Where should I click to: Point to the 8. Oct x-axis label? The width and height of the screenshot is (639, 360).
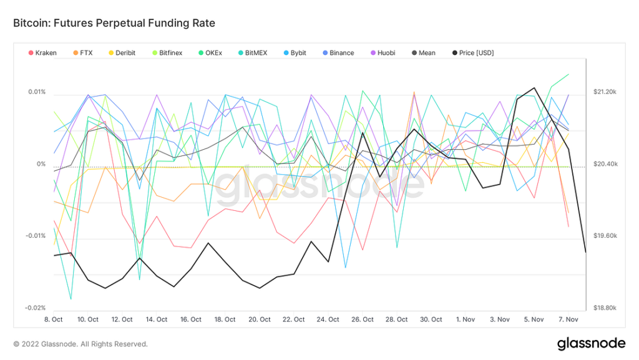(54, 319)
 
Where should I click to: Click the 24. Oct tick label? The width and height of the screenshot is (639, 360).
(328, 319)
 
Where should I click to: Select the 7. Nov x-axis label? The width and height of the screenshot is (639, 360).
(568, 319)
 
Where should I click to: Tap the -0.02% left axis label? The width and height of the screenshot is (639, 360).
(36, 308)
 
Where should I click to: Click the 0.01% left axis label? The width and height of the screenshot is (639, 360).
(37, 92)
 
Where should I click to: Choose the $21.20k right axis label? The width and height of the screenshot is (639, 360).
(605, 92)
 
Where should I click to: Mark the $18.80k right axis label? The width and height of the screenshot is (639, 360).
(605, 308)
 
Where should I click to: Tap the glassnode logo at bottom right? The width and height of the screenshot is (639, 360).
(591, 343)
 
